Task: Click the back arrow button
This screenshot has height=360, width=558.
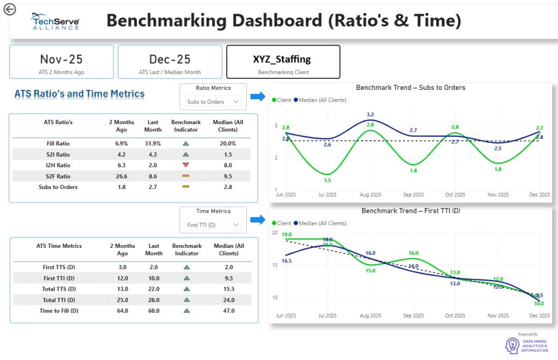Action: click(x=9, y=9)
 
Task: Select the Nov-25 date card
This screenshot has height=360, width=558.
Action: click(x=62, y=62)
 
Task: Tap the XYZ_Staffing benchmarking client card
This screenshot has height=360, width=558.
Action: click(x=283, y=62)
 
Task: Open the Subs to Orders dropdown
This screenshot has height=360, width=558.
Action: click(x=213, y=101)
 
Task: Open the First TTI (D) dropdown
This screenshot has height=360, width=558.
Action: click(x=213, y=224)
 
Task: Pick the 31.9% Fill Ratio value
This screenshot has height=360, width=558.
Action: click(x=153, y=144)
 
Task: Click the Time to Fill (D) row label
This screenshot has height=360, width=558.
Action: click(x=59, y=311)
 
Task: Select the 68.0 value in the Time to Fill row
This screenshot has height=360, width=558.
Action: click(x=153, y=311)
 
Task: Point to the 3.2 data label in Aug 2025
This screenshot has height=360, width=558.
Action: click(x=370, y=114)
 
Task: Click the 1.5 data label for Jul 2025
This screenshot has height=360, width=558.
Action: click(x=327, y=181)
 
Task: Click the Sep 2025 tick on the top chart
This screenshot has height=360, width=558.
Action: click(x=414, y=194)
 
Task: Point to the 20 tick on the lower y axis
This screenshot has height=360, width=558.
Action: click(x=274, y=233)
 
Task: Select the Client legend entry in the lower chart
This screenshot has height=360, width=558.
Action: click(x=282, y=223)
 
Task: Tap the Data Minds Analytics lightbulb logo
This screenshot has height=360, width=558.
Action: click(x=512, y=345)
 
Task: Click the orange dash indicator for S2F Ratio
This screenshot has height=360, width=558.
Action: click(x=186, y=176)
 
